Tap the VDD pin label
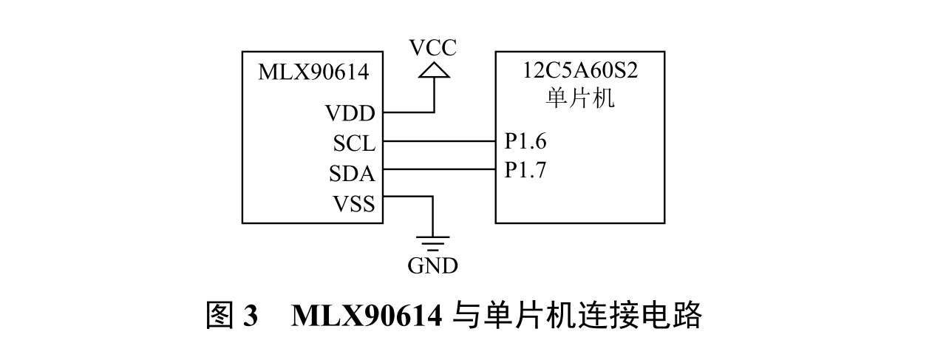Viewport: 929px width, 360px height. point(350,114)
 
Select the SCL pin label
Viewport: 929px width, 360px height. point(353,142)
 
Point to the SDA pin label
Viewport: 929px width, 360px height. point(352,174)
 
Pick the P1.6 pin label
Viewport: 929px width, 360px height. point(525,140)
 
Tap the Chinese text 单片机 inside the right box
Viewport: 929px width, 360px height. point(580,98)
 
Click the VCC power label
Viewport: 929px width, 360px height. point(434,48)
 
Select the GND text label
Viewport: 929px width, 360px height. point(433,265)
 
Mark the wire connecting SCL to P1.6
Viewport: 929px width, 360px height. point(440,141)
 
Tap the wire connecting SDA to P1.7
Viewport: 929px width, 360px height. point(440,170)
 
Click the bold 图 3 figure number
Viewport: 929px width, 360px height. point(231,316)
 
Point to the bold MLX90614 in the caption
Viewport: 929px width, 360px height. point(367,316)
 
